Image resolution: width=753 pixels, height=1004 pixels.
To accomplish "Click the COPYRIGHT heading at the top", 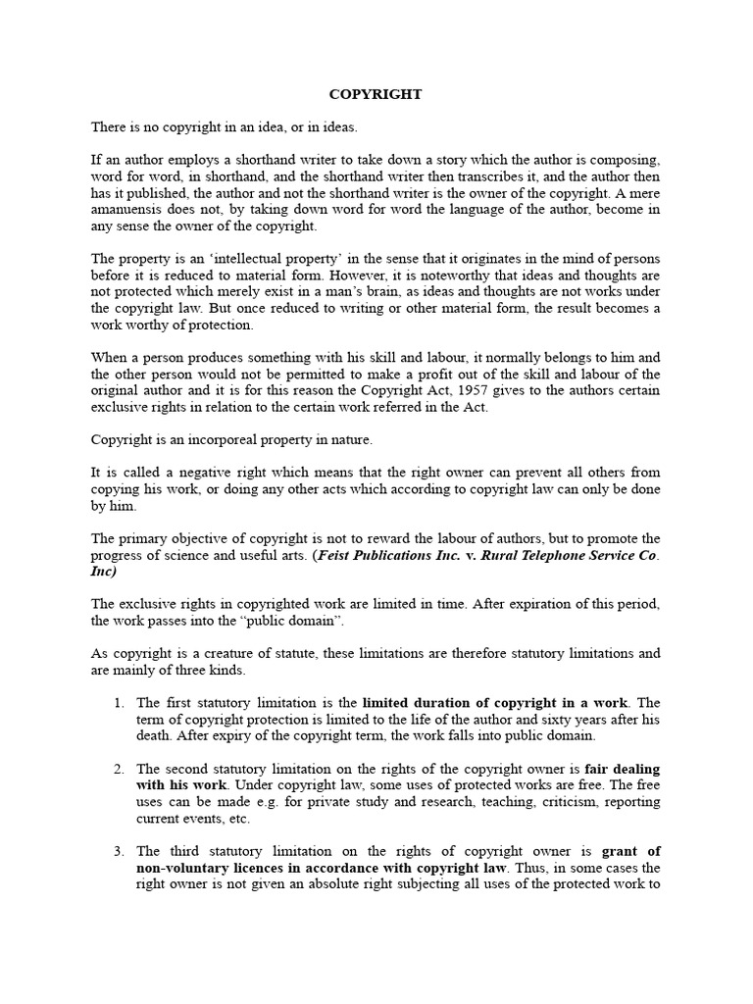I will [376, 94].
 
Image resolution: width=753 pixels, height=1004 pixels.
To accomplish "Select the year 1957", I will [481, 391].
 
